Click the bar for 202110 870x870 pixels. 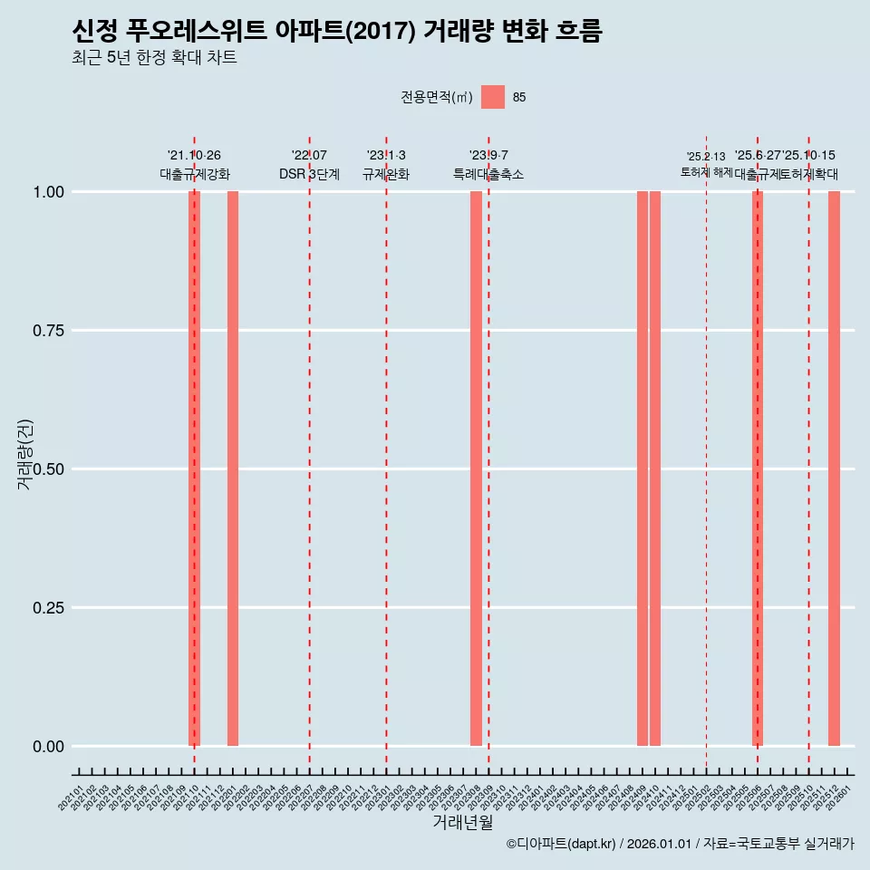(x=194, y=469)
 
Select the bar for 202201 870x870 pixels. (x=233, y=469)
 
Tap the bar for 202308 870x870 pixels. (x=476, y=469)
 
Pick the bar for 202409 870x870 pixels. (x=643, y=469)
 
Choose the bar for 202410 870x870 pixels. (x=655, y=469)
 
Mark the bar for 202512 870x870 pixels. (x=834, y=469)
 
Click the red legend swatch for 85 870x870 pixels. (x=493, y=97)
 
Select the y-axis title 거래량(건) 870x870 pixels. (x=24, y=455)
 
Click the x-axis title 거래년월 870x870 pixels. (x=462, y=822)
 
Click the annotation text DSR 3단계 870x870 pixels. (x=309, y=174)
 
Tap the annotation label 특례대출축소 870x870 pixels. (x=488, y=174)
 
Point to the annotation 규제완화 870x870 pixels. (x=386, y=174)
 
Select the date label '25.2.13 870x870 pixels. (x=706, y=157)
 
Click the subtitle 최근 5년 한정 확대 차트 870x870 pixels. (x=154, y=58)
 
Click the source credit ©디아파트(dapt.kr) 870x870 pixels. (x=561, y=844)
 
